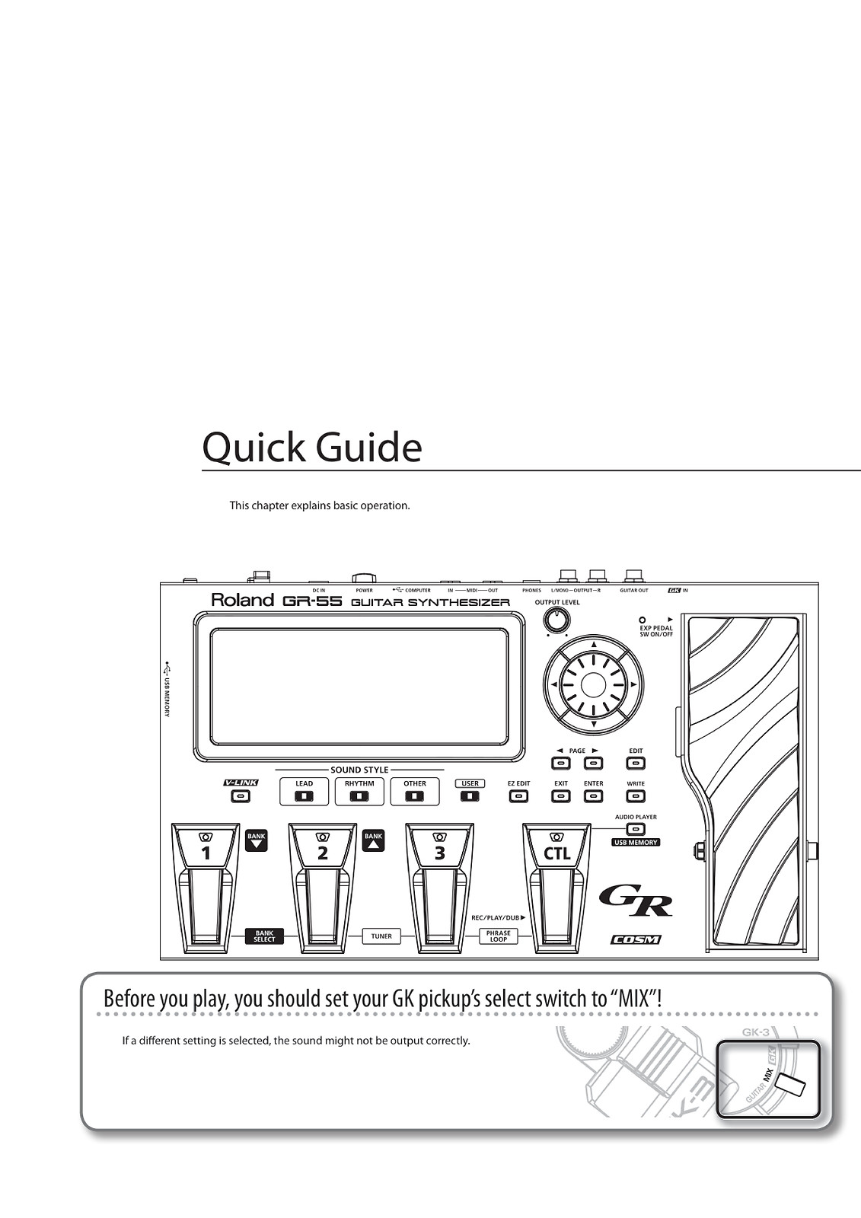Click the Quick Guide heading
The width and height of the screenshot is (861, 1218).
pyautogui.click(x=312, y=448)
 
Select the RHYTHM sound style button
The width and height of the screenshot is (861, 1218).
pyautogui.click(x=359, y=796)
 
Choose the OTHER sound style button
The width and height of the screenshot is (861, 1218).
pyautogui.click(x=415, y=796)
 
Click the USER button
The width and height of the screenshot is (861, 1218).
pyautogui.click(x=470, y=796)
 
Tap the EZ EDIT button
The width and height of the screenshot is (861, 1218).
pyautogui.click(x=518, y=796)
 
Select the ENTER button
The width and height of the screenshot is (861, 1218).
pyautogui.click(x=593, y=796)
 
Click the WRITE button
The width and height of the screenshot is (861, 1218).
pyautogui.click(x=636, y=796)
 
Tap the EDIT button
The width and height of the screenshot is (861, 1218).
pyautogui.click(x=636, y=763)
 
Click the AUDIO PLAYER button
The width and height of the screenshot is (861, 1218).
pyautogui.click(x=636, y=829)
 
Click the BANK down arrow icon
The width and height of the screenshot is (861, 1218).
pyautogui.click(x=257, y=840)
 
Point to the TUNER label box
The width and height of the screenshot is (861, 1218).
pyautogui.click(x=381, y=936)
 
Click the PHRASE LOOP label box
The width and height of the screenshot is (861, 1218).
pyautogui.click(x=499, y=936)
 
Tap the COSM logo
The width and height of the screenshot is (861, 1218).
pyautogui.click(x=636, y=939)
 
